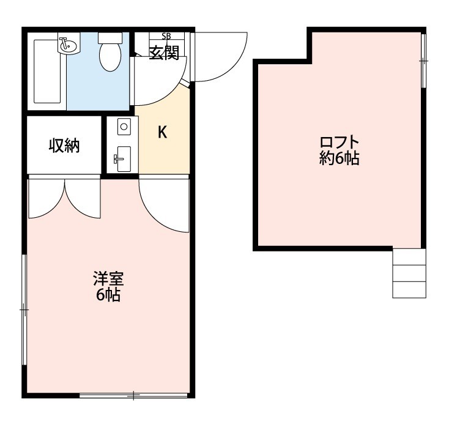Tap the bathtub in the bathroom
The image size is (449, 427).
[47, 71]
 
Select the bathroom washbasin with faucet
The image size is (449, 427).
[68, 45]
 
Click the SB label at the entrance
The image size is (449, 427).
[166, 36]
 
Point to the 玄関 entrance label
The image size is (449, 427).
[165, 53]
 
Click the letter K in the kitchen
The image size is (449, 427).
[163, 133]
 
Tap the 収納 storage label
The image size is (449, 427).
[64, 145]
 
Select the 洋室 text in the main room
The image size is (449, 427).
[108, 279]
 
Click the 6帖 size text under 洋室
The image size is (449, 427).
[108, 295]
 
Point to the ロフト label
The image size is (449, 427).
[340, 143]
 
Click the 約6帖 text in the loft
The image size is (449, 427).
[340, 158]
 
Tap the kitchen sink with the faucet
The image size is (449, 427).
[124, 159]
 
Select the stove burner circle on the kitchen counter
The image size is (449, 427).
[124, 126]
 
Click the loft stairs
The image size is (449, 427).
[409, 273]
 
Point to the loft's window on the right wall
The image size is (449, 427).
[424, 61]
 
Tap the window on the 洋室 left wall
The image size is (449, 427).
[24, 310]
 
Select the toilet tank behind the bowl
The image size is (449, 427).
[110, 38]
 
